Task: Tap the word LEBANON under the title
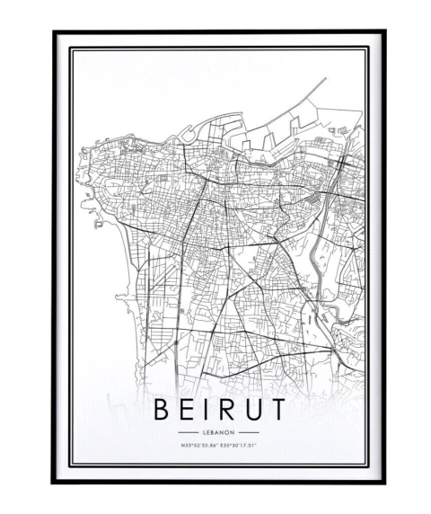[x=218, y=432]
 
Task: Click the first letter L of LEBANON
[x=203, y=432]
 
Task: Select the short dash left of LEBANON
[x=186, y=432]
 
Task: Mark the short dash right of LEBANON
[x=250, y=432]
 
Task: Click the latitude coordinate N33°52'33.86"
[x=199, y=445]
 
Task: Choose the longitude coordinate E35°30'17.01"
[x=238, y=445]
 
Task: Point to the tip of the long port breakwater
[x=324, y=79]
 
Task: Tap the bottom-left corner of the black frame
[x=54, y=482]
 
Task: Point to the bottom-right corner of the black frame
[x=383, y=482]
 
